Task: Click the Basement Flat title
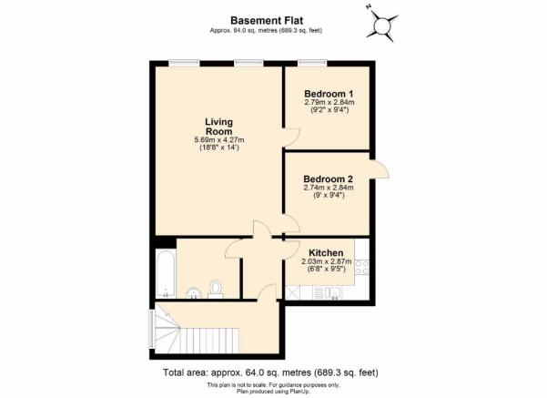(267, 21)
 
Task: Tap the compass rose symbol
(382, 25)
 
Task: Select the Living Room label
(218, 127)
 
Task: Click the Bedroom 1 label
(329, 94)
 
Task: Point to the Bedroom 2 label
(328, 179)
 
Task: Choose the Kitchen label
(326, 253)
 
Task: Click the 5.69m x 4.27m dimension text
(219, 140)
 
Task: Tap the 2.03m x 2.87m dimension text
(326, 261)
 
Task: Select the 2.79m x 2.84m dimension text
(329, 103)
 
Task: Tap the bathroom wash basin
(194, 293)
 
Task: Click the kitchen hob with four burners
(361, 267)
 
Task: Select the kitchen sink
(331, 293)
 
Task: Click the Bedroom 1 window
(312, 63)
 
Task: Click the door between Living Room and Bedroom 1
(291, 137)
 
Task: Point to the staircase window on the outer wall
(152, 329)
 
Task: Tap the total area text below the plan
(270, 372)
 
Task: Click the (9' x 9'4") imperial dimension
(329, 195)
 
